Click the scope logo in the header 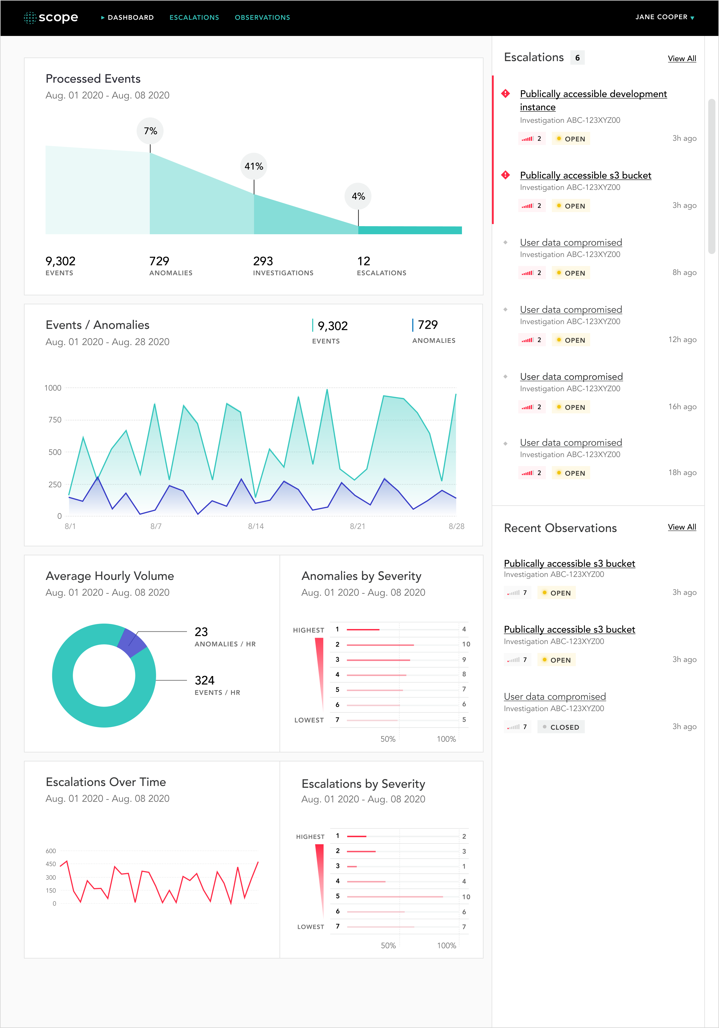[51, 17]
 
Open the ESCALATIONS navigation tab [194, 17]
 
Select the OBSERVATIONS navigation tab [262, 17]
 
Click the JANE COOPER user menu [664, 17]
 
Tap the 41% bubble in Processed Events [254, 167]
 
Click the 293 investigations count [263, 261]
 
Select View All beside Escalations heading [681, 59]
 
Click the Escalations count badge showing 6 [577, 58]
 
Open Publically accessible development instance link [593, 94]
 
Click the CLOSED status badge [561, 727]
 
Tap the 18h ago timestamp [682, 473]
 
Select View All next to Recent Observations [681, 527]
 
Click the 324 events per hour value [205, 681]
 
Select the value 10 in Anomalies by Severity [466, 644]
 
